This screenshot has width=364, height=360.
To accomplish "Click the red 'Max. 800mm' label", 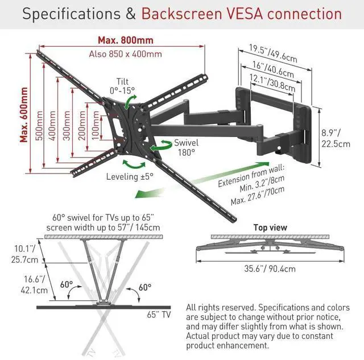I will (x=125, y=40).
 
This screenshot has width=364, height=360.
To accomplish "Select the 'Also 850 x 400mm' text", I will (x=125, y=54).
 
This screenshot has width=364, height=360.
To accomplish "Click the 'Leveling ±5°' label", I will (x=130, y=176).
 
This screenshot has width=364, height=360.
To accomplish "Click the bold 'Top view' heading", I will (x=270, y=227).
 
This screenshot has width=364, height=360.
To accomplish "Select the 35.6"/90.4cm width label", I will (x=270, y=269).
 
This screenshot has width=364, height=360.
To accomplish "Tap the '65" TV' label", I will (x=158, y=314).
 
